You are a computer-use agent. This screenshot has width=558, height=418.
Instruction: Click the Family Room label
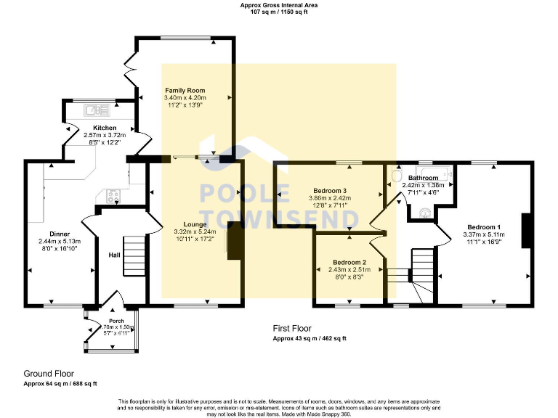[185, 90]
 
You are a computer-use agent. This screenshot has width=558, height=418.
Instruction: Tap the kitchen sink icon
[92, 110]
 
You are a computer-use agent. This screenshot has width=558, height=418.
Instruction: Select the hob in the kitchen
[114, 194]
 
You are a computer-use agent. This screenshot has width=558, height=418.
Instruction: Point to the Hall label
[114, 255]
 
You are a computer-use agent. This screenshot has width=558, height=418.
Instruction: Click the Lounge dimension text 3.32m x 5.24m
[195, 231]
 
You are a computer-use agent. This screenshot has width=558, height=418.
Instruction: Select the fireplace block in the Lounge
[235, 241]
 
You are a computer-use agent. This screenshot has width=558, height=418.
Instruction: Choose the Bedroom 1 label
[484, 227]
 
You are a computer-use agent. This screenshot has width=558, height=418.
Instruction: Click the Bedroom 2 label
[349, 262]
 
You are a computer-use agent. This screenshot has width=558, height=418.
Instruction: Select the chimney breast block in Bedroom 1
[527, 231]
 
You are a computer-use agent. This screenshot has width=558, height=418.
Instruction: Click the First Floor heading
[292, 329]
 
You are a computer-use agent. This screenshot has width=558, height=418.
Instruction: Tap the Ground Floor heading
[49, 374]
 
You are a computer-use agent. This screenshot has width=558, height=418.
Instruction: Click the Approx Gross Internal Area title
[279, 5]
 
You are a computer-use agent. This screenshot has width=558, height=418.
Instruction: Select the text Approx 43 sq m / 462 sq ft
[310, 338]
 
